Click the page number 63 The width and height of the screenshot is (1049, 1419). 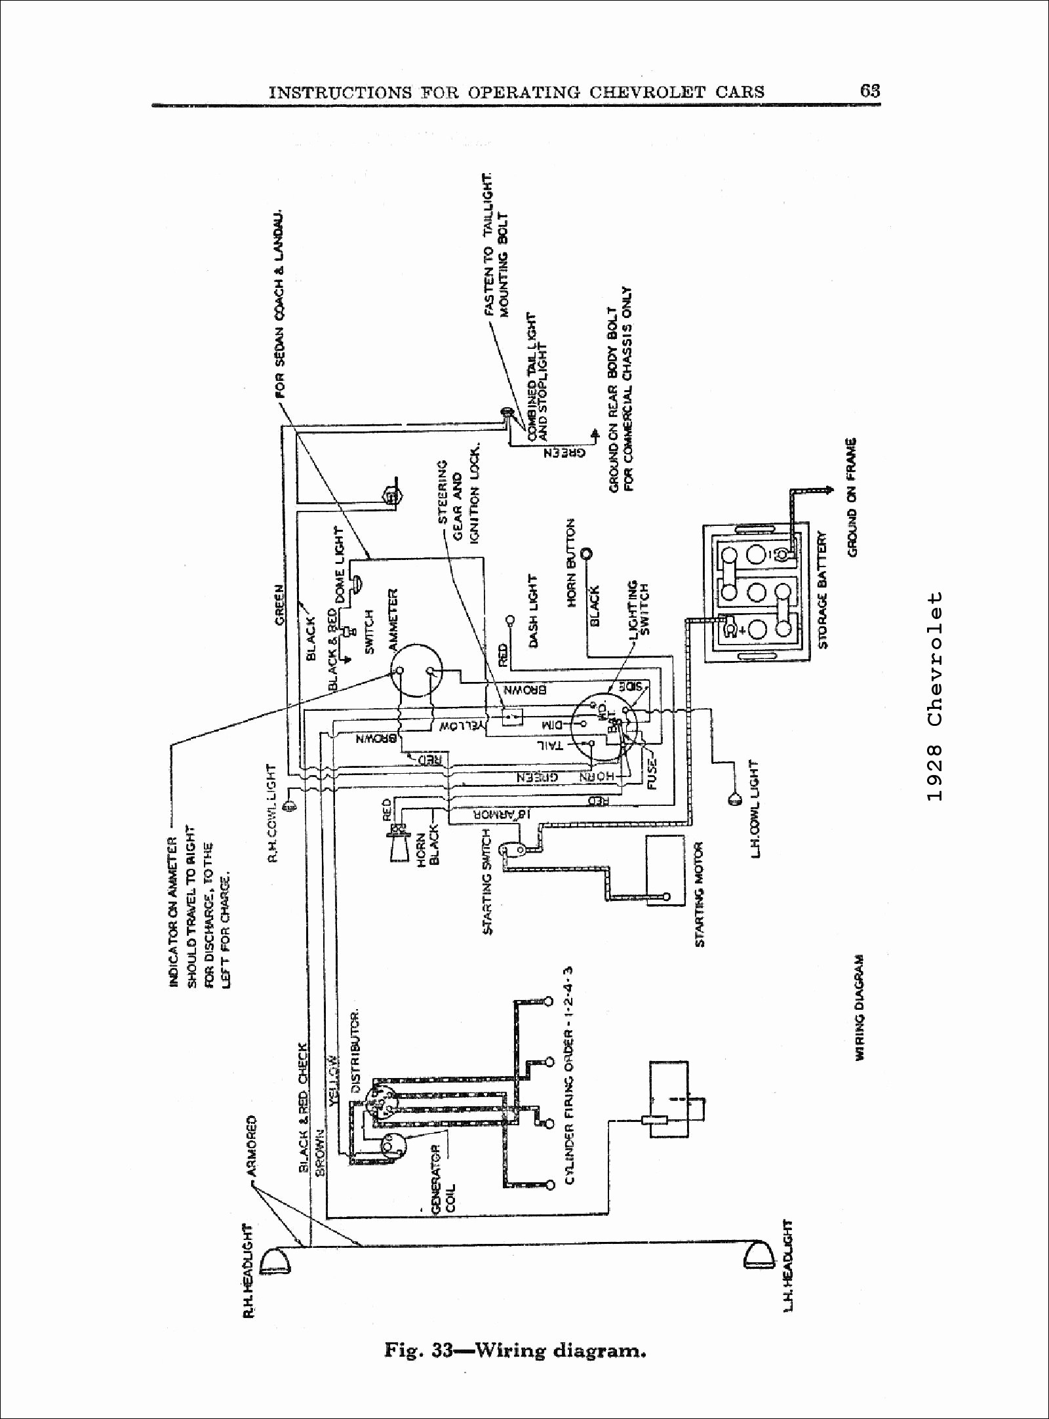(870, 90)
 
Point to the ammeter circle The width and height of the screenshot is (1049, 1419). (416, 671)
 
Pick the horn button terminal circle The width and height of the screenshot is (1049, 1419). (587, 553)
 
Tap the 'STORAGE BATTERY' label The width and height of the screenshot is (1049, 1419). (823, 590)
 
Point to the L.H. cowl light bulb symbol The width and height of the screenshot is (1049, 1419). (732, 798)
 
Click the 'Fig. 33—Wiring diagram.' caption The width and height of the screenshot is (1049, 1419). (515, 1351)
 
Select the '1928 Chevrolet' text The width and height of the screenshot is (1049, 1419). (935, 696)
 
